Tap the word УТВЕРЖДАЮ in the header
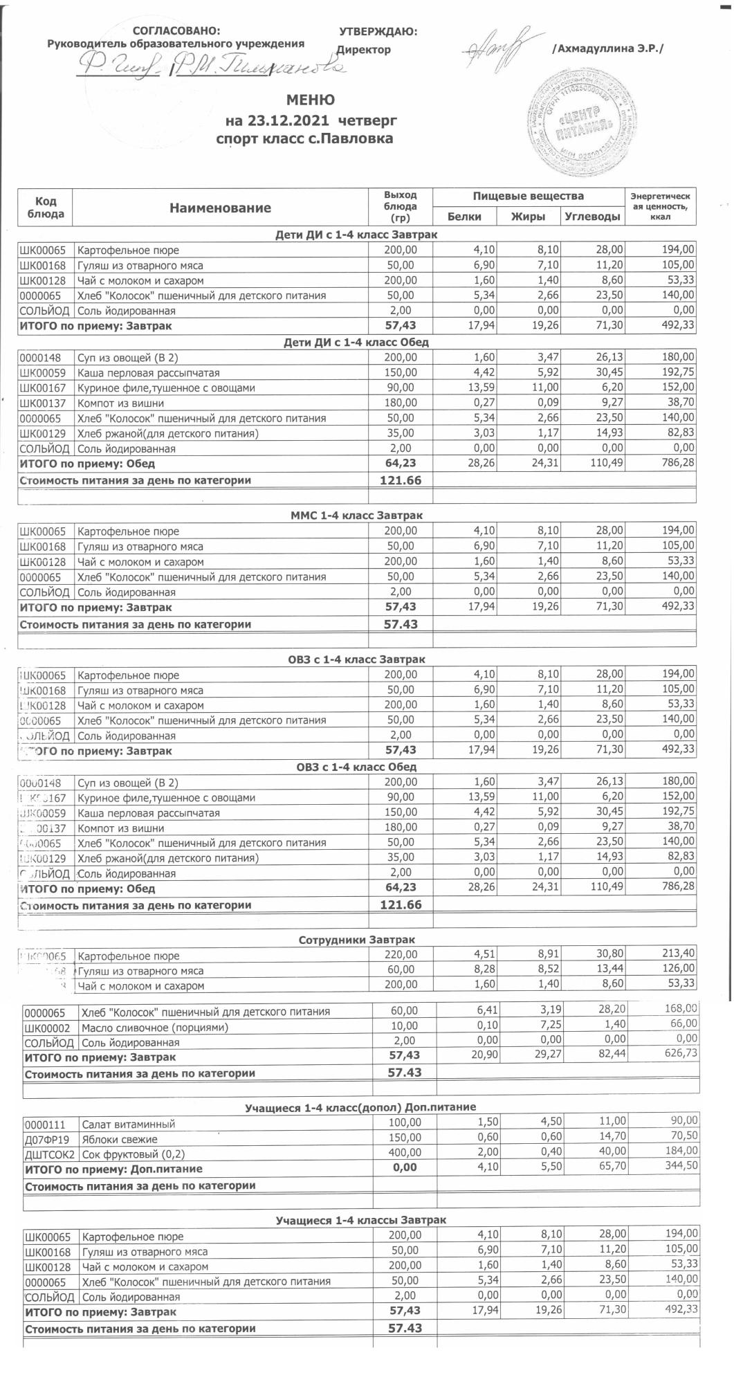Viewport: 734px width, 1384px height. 378,31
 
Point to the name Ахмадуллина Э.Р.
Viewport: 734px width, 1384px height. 608,49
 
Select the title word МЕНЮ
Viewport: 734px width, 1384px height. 311,101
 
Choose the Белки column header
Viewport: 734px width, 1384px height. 464,217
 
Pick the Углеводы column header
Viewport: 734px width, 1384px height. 591,217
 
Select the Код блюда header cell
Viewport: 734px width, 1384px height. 46,208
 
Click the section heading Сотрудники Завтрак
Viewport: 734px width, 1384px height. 356,940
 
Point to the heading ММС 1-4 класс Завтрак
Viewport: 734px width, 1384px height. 356,516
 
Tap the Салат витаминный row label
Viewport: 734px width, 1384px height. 128,1124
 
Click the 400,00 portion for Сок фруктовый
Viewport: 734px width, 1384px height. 404,1154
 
